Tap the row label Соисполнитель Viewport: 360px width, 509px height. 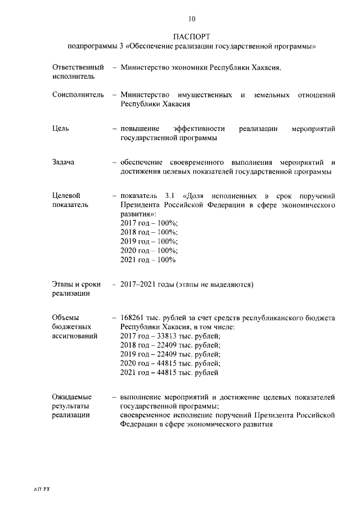(x=78, y=95)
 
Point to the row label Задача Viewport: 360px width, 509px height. (x=64, y=162)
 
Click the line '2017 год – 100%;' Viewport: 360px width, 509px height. (x=149, y=223)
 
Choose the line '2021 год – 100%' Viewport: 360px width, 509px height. (x=148, y=260)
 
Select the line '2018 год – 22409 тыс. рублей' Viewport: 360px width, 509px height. (x=170, y=345)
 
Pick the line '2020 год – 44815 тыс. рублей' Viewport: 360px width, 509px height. (x=170, y=363)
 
